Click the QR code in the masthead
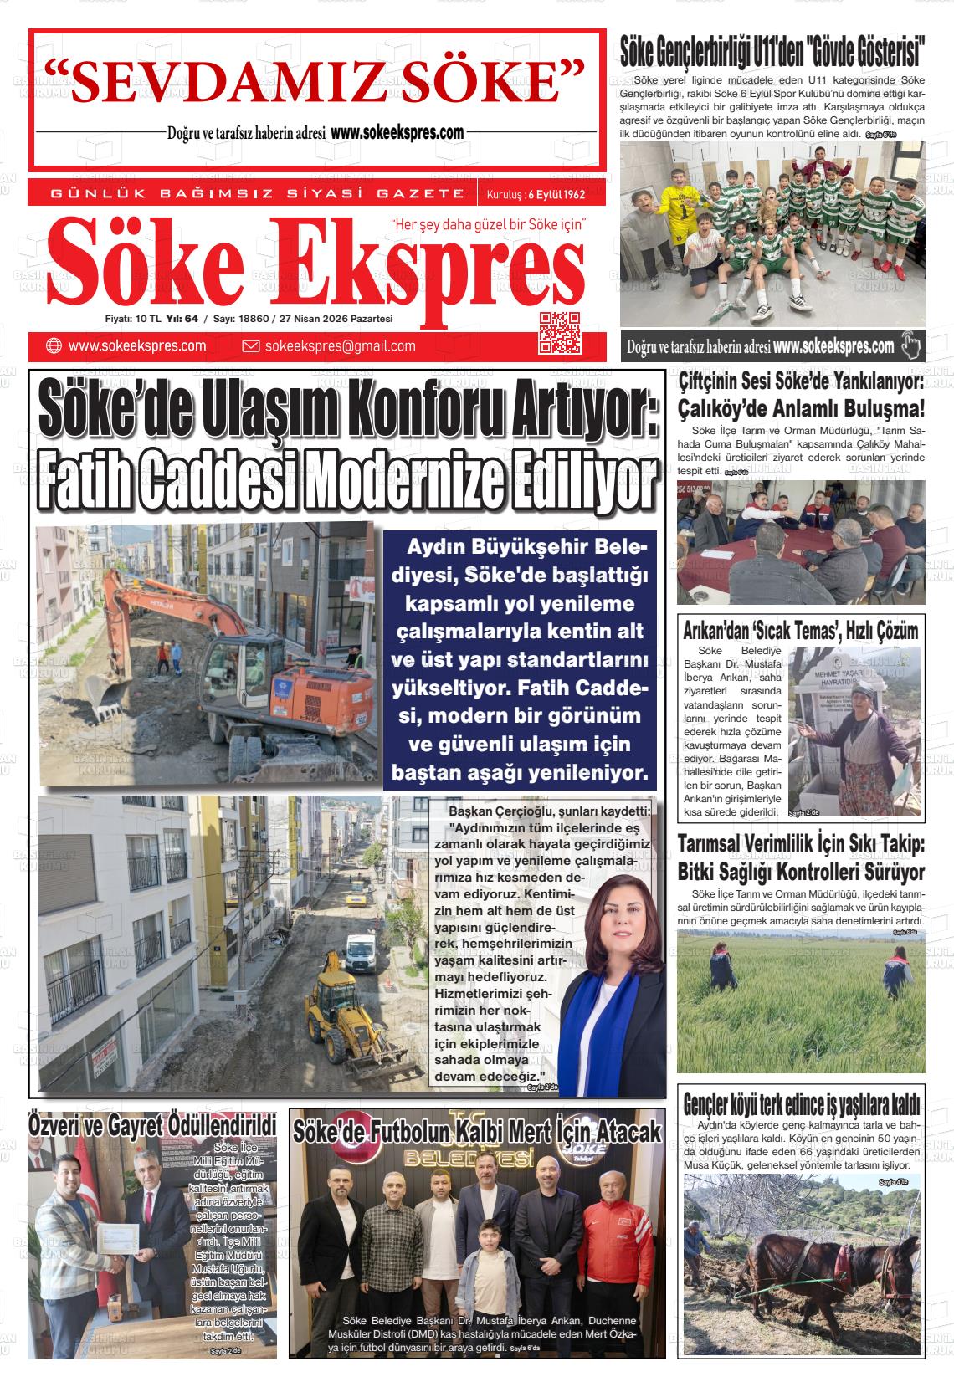(560, 332)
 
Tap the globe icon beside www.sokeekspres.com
(54, 346)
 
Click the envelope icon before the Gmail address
(250, 346)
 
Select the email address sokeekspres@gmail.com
(340, 346)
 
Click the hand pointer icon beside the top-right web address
(910, 345)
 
